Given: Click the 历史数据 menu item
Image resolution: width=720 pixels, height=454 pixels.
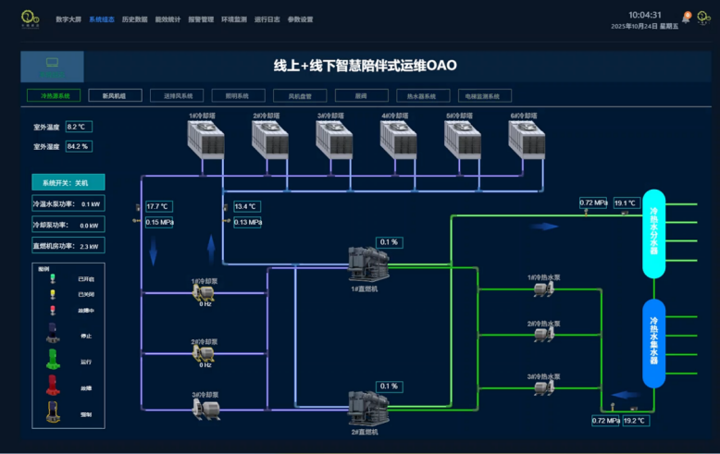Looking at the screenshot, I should click(x=134, y=19).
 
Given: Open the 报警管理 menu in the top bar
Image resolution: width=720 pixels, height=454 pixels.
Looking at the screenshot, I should click(x=201, y=19).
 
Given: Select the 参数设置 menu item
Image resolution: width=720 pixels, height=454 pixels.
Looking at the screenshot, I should click(x=300, y=19).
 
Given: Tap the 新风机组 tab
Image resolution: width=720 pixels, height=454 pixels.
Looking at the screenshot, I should click(x=114, y=95).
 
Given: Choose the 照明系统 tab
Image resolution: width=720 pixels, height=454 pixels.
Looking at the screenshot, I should click(x=230, y=95).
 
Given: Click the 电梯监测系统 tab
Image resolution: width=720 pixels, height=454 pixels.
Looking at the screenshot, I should click(x=485, y=95).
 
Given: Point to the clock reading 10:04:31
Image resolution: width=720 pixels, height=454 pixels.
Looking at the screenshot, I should click(x=644, y=15).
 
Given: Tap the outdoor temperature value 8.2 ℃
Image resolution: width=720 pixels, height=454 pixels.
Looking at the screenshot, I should click(x=78, y=127).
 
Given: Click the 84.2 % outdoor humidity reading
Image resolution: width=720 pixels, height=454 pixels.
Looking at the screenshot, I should click(x=78, y=146).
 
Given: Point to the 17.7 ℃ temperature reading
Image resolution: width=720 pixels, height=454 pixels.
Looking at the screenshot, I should click(x=158, y=206).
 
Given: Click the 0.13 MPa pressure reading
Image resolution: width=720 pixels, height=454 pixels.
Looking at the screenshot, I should click(x=247, y=222).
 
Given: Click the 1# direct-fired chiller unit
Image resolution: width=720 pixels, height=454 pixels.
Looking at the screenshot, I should click(x=366, y=264).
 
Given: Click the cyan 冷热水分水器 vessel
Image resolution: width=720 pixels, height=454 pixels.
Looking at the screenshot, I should click(x=654, y=233).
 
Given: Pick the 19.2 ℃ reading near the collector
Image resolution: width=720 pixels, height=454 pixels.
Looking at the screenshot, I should click(x=635, y=421).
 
